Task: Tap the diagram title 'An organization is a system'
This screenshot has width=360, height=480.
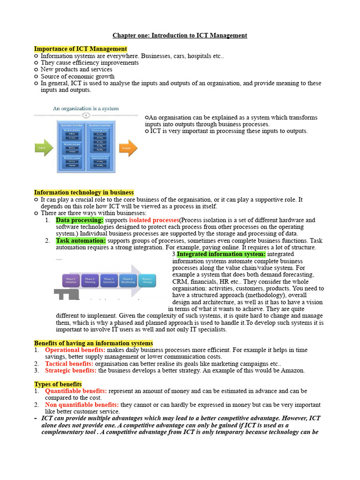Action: (86, 108)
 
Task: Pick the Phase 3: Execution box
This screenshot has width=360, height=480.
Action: (109, 280)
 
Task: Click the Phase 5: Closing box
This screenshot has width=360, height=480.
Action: (147, 280)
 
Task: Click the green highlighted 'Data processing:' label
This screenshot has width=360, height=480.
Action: (79, 220)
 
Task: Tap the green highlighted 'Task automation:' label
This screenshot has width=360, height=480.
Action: (81, 240)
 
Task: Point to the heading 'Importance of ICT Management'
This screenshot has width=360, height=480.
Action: (80, 49)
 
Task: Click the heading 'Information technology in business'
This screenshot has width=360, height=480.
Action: (83, 192)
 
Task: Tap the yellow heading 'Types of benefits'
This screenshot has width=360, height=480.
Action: (58, 384)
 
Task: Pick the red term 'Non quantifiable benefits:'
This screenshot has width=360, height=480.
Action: (82, 405)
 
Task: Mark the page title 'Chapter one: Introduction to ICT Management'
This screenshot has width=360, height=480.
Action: (180, 35)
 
